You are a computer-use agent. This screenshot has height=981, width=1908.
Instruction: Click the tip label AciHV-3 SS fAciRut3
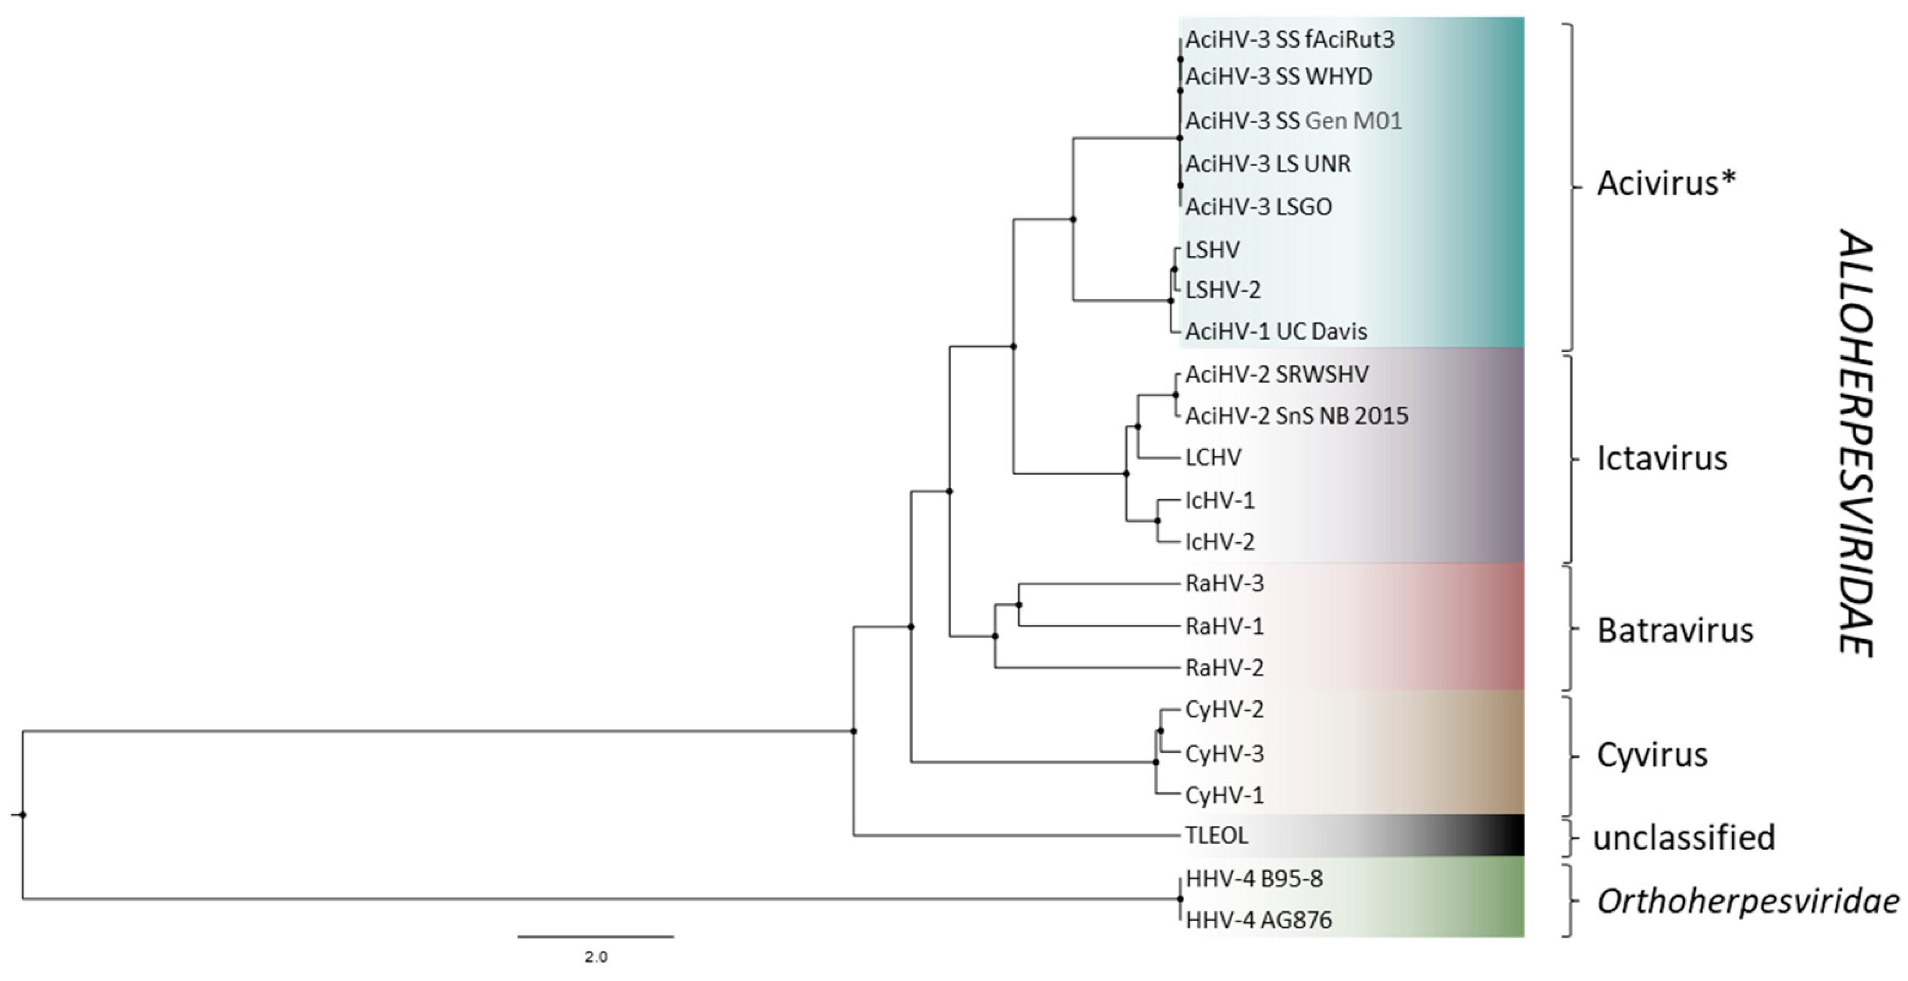tap(1289, 39)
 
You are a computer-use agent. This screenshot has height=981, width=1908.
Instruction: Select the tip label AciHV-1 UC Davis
tap(1276, 331)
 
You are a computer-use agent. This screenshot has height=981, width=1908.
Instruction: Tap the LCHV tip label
tap(1213, 457)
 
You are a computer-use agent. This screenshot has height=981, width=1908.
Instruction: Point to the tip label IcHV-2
tap(1220, 542)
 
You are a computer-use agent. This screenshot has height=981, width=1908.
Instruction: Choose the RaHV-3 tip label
tap(1225, 583)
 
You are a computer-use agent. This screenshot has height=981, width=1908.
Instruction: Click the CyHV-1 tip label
tap(1225, 795)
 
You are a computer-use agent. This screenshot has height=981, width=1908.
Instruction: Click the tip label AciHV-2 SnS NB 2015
tap(1296, 415)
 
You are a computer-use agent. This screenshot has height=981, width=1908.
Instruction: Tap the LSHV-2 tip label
tap(1223, 289)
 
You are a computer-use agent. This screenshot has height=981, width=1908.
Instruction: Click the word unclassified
tap(1684, 837)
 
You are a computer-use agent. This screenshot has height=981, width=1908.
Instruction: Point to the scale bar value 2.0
tap(595, 956)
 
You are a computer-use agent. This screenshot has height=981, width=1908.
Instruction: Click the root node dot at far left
tap(23, 815)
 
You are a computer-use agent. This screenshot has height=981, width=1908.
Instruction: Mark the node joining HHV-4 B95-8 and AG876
tap(1180, 899)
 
